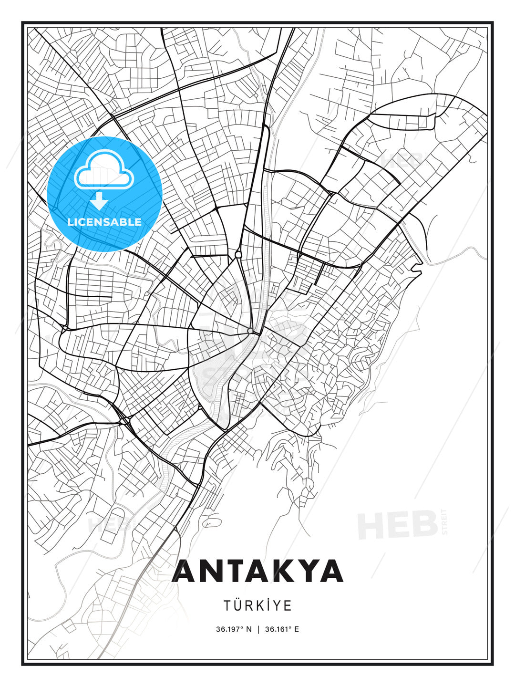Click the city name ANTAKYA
coord(257,571)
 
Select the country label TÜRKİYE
coord(257,605)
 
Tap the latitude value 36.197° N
coord(234,629)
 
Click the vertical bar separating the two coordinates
coord(258,629)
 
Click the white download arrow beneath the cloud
coord(99,201)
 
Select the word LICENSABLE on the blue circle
coord(104,222)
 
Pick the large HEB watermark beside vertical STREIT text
coord(398,525)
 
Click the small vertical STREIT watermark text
coord(445,522)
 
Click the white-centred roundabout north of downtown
coord(238,255)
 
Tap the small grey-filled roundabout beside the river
coord(250,331)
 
